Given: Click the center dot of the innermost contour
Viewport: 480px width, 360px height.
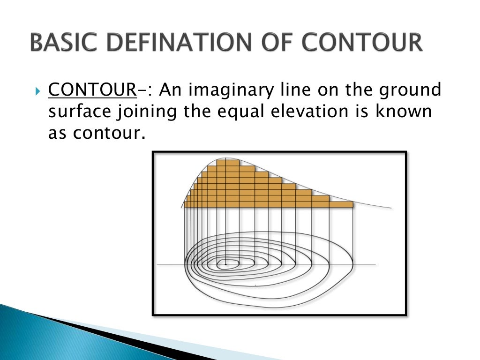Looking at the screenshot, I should click(225, 264).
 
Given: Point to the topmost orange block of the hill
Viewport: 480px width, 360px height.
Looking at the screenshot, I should click(228, 163).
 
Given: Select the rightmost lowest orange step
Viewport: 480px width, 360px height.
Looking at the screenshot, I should click(341, 204).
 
